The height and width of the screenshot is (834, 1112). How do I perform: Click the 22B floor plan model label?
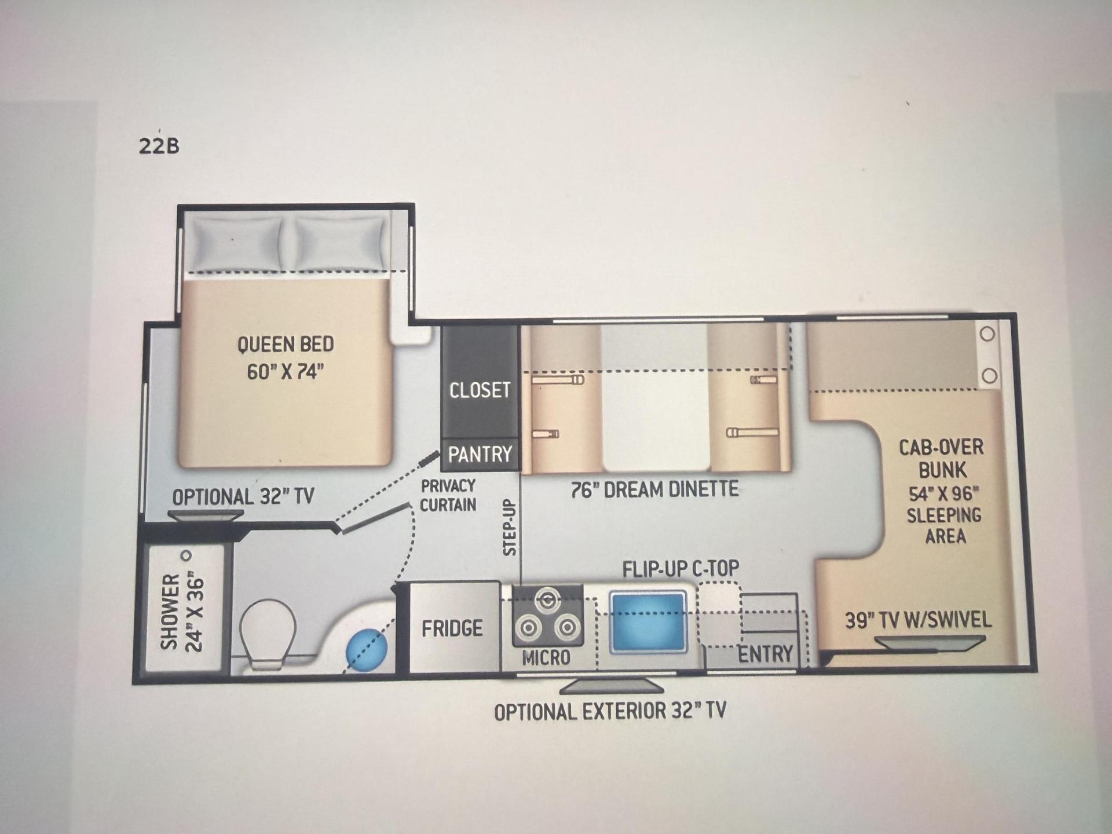[159, 145]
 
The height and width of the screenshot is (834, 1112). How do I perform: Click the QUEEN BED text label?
[286, 344]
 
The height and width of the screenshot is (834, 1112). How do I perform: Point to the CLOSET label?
[480, 390]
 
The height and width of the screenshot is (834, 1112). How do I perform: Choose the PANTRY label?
[480, 454]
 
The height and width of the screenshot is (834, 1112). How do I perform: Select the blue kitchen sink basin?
[648, 621]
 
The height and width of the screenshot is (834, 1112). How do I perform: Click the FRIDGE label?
[452, 628]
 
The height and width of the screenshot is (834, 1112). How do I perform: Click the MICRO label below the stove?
[546, 657]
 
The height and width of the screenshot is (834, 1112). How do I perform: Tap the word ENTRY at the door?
[765, 654]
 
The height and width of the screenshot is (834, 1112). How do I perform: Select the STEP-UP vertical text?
[510, 528]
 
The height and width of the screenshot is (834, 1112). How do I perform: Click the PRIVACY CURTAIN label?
[448, 495]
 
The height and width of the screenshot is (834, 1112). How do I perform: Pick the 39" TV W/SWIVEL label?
[919, 620]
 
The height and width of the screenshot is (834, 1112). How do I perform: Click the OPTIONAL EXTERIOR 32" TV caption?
[610, 711]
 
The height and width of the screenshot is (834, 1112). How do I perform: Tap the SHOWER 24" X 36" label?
[182, 612]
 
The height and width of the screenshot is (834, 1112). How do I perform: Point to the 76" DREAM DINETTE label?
[654, 490]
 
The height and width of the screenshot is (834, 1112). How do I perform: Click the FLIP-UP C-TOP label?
[681, 569]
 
